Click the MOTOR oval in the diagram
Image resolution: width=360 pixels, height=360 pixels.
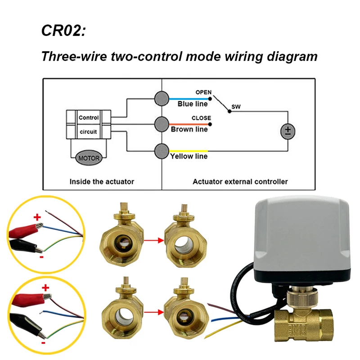click(88, 158)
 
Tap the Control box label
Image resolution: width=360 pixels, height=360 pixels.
click(89, 117)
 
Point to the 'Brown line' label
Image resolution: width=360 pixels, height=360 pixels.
click(189, 130)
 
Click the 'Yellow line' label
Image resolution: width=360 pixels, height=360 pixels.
click(189, 157)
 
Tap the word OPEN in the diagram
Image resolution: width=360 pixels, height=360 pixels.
click(203, 92)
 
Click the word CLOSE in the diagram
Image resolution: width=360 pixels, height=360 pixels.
click(201, 118)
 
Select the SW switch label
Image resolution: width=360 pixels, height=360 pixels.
click(235, 107)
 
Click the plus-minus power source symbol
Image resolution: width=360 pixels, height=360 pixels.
click(288, 131)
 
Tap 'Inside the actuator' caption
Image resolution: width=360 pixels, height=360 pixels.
click(102, 182)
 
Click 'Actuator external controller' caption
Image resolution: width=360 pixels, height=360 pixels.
click(240, 182)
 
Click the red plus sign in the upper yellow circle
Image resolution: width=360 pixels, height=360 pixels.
click(37, 217)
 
